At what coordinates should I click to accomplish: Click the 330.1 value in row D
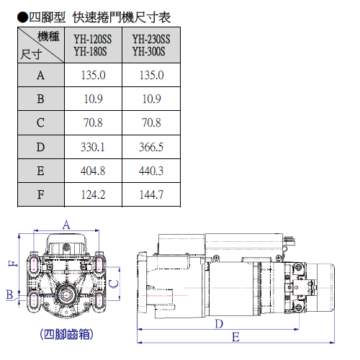click(93, 147)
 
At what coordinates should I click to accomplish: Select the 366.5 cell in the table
click(151, 147)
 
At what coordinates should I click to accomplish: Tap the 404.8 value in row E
click(93, 171)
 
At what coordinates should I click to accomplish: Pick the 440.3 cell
click(151, 171)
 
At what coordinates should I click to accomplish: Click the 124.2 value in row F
click(93, 194)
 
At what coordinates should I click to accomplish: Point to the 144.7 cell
click(151, 194)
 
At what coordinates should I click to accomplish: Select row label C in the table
click(40, 122)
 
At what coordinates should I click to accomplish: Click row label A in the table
click(40, 75)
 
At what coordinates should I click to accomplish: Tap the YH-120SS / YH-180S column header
click(93, 45)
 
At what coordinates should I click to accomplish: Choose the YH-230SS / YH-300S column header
click(151, 45)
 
